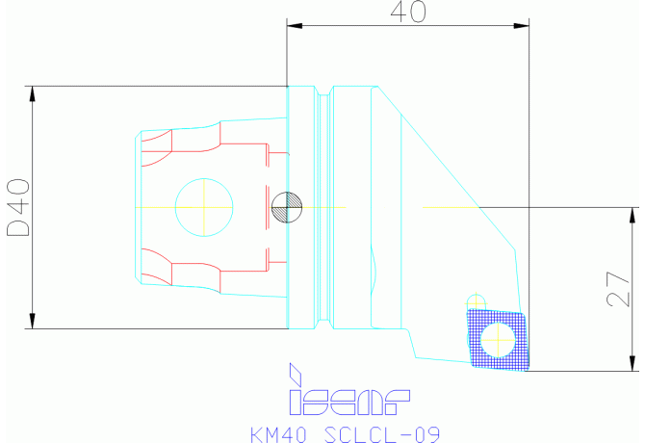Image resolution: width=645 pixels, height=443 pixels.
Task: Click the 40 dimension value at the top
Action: (408, 12)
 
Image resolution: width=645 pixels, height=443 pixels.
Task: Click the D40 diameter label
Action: (18, 207)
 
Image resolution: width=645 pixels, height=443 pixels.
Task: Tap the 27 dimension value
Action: (618, 289)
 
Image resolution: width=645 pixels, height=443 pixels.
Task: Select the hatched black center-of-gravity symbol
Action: (287, 207)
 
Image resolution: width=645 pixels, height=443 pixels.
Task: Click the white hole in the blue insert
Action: (498, 340)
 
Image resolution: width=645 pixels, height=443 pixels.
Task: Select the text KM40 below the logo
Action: (278, 434)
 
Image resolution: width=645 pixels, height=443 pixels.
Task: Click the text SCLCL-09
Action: (382, 434)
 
